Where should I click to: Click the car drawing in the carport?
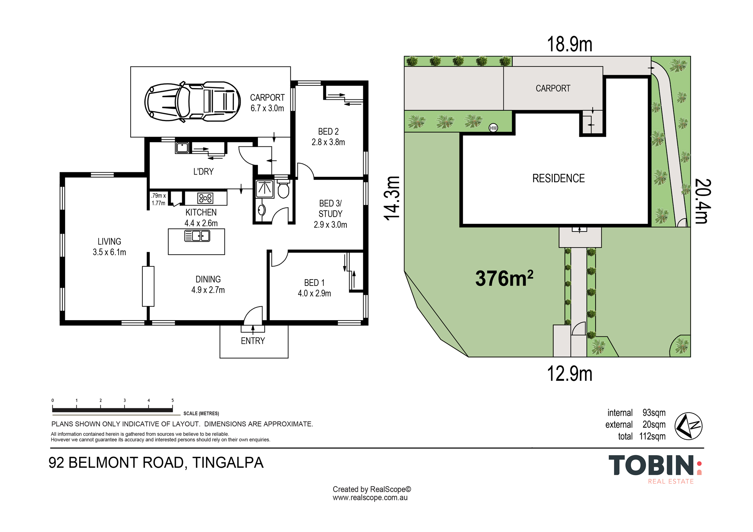click(x=192, y=102)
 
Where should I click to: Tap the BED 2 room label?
click(x=328, y=131)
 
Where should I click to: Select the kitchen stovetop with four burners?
click(x=205, y=198)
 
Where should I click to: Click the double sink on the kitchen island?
click(x=197, y=236)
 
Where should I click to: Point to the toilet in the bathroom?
click(x=283, y=189)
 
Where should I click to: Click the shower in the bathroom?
click(x=265, y=189)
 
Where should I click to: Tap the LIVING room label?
click(x=109, y=242)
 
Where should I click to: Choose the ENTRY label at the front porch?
click(x=253, y=341)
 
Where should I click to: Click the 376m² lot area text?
click(x=504, y=278)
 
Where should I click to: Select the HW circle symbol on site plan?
click(x=493, y=128)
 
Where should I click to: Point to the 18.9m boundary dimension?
click(x=569, y=44)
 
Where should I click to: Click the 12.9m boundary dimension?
click(x=569, y=374)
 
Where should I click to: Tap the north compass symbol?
click(x=688, y=426)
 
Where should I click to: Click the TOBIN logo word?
click(x=651, y=465)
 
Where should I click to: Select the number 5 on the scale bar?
click(x=172, y=400)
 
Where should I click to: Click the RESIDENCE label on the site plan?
click(x=558, y=178)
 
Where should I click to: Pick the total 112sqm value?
click(x=652, y=436)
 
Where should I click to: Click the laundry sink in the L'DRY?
click(x=182, y=147)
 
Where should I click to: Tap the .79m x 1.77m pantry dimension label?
click(x=159, y=199)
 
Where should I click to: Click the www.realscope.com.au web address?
click(x=370, y=498)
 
